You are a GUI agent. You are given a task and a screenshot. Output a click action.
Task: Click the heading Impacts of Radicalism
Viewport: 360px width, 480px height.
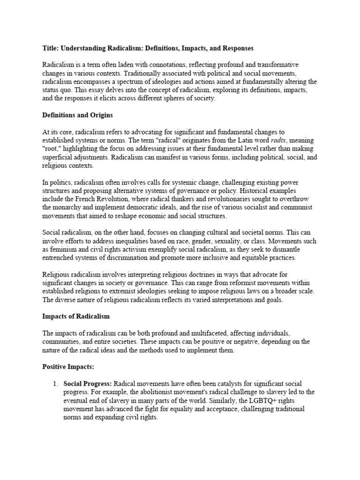[76, 316]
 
